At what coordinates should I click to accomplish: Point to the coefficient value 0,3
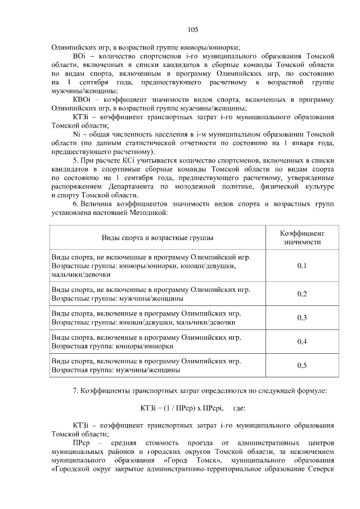[301, 318]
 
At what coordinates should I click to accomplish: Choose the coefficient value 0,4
[301, 341]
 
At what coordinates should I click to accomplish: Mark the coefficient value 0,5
[301, 366]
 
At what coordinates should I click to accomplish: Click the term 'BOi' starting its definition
[79, 57]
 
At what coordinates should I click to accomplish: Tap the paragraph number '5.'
[76, 161]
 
